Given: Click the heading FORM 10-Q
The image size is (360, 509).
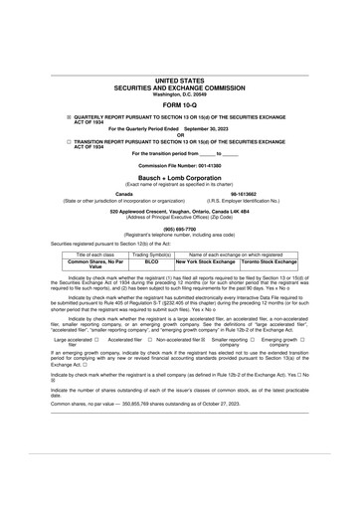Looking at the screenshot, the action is click(179, 103).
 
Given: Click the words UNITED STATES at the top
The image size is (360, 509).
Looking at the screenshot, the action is click(179, 81).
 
